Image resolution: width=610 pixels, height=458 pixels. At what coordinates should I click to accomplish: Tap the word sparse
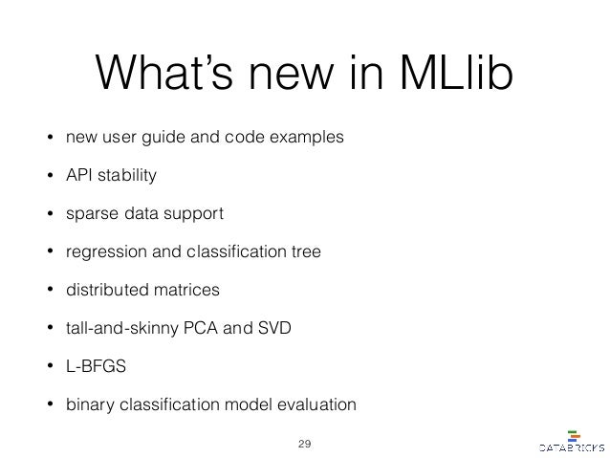[89, 214]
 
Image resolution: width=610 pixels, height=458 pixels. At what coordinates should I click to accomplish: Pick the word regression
[100, 252]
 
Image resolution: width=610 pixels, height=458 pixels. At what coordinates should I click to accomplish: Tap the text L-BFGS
[93, 367]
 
